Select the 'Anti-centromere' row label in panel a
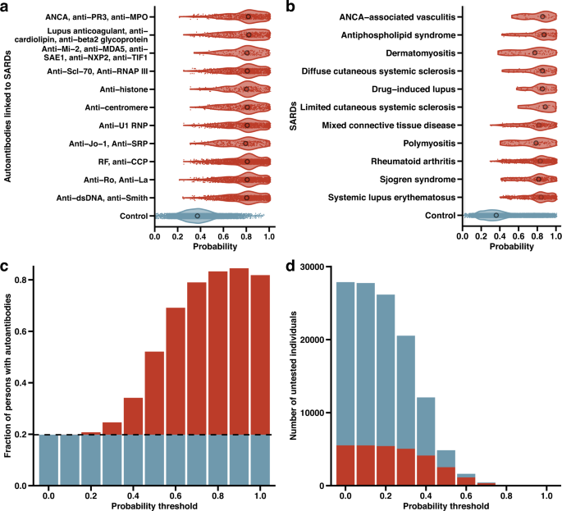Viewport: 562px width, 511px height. pyautogui.click(x=117, y=107)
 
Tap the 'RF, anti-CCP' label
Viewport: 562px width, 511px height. pyautogui.click(x=124, y=162)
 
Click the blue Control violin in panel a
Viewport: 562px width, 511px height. pyautogui.click(x=197, y=216)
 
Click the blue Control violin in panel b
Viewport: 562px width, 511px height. pyautogui.click(x=496, y=216)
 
